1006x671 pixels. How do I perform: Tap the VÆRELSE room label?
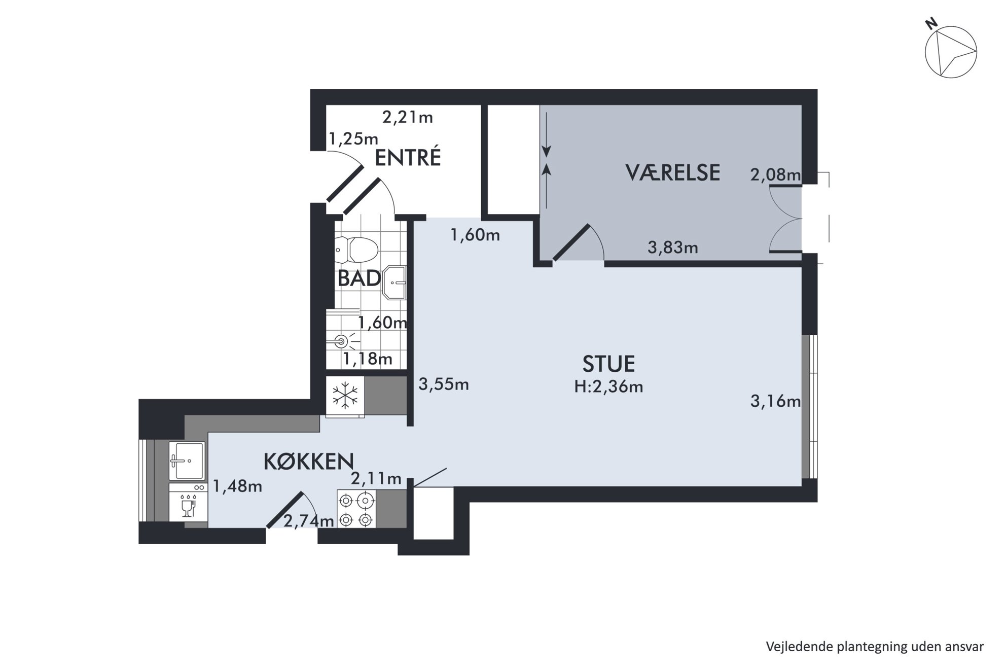click(673, 173)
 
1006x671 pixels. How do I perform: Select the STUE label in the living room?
click(608, 364)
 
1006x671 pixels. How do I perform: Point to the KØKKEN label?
click(308, 461)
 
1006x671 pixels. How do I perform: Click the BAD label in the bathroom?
click(360, 278)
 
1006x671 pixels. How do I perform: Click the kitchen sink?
click(187, 461)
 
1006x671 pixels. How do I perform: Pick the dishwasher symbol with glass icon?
click(188, 502)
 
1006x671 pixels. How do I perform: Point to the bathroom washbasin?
click(396, 282)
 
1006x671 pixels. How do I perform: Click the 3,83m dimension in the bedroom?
click(673, 248)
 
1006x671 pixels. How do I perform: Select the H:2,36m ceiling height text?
click(608, 387)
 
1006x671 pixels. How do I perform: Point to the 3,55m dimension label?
click(444, 384)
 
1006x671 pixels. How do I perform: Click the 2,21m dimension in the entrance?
click(408, 118)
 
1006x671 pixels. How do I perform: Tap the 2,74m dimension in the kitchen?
click(309, 521)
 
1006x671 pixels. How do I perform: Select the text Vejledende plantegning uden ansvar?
click(875, 647)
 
